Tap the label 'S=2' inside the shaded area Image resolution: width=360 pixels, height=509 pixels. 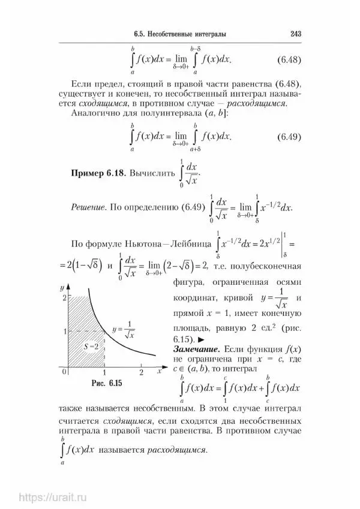tap(92, 346)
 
